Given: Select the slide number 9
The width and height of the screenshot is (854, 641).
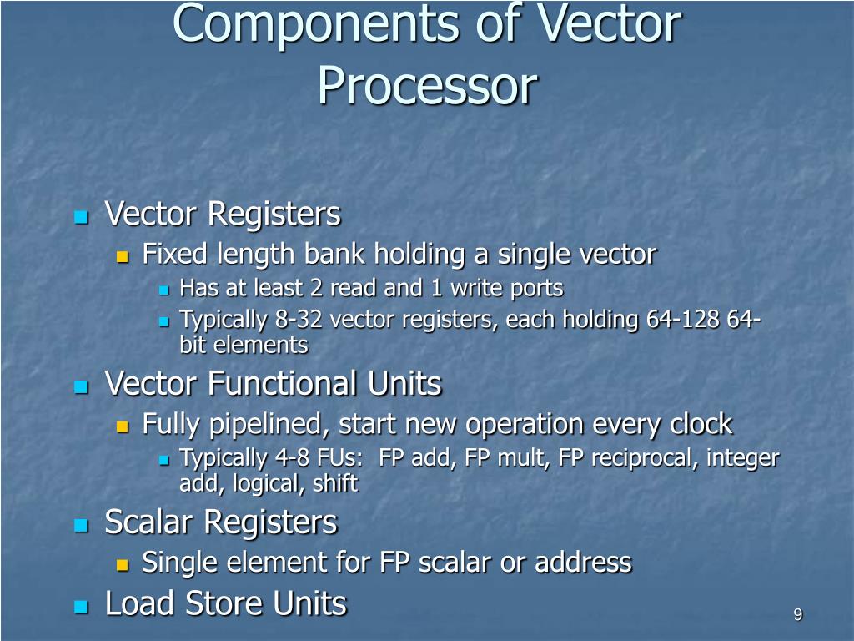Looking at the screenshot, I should point(798,615).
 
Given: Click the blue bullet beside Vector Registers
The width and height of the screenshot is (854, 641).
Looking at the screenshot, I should point(81,217).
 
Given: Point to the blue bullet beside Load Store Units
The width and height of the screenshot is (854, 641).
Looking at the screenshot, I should point(81,607).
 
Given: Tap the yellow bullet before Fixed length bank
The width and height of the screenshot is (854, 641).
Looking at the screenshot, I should point(122,256).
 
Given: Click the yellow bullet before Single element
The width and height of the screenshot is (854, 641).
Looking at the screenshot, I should point(122,565).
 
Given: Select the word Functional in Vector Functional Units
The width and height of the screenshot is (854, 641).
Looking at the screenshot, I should point(283,384).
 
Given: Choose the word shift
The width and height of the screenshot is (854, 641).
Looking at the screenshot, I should point(337,483).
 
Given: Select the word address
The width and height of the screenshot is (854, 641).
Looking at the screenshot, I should point(583,563).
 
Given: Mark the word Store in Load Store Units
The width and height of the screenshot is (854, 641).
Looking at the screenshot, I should point(225,603).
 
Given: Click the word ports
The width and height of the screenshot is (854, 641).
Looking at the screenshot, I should point(536,289).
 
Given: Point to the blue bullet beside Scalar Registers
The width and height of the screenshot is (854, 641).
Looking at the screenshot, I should point(81,526).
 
